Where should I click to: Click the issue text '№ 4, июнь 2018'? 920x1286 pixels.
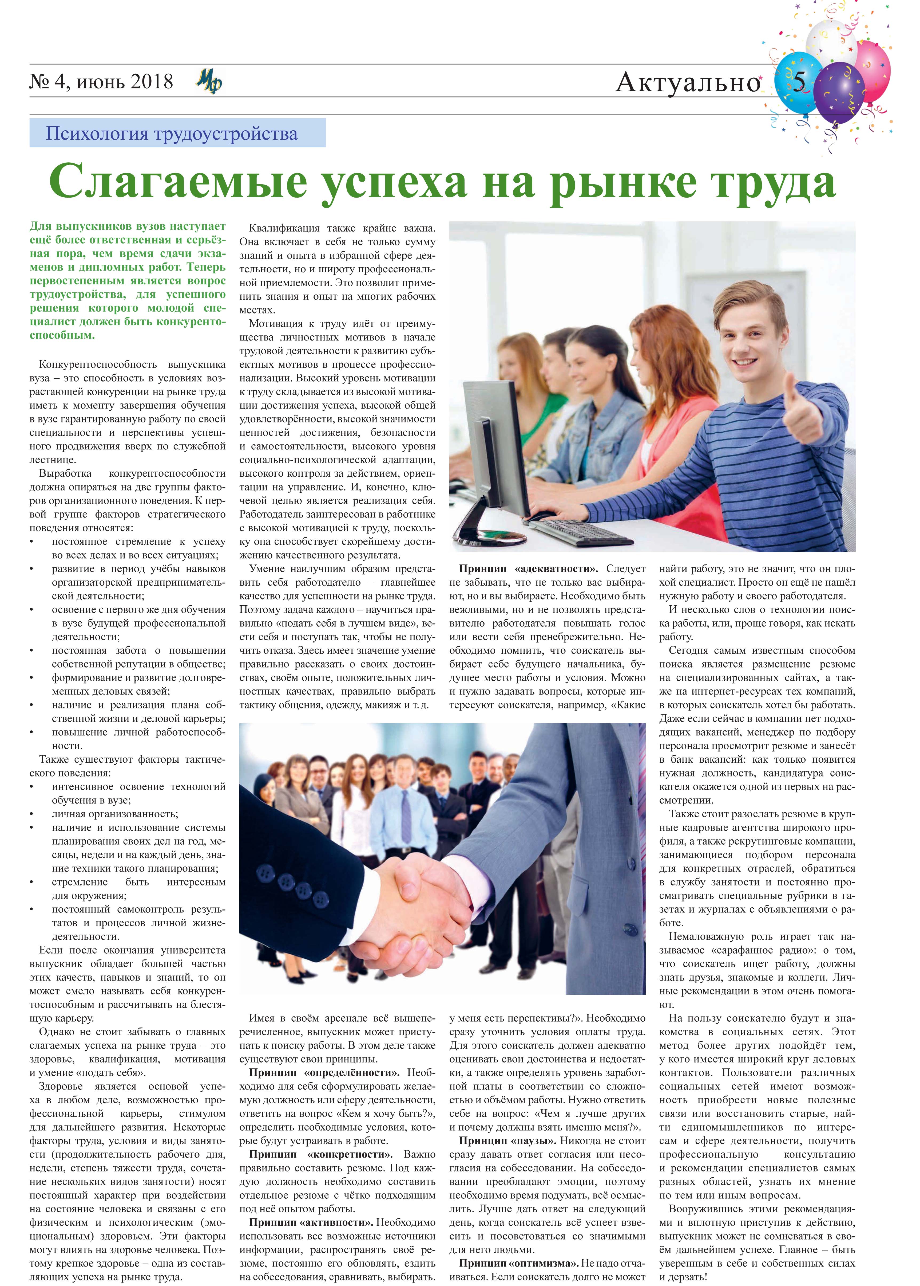[x=101, y=82]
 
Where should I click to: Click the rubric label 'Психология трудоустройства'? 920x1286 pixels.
[x=172, y=134]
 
